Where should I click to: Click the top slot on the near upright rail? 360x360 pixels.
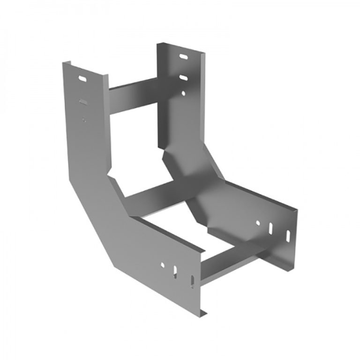click(83, 79)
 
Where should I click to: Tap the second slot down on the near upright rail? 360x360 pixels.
click(83, 101)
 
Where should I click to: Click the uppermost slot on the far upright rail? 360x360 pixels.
click(183, 57)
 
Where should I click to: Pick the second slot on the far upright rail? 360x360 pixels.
click(183, 76)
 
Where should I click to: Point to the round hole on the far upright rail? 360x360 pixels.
click(184, 93)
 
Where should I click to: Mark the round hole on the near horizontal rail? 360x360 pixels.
click(163, 265)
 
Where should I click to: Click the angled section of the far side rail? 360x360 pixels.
click(197, 173)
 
